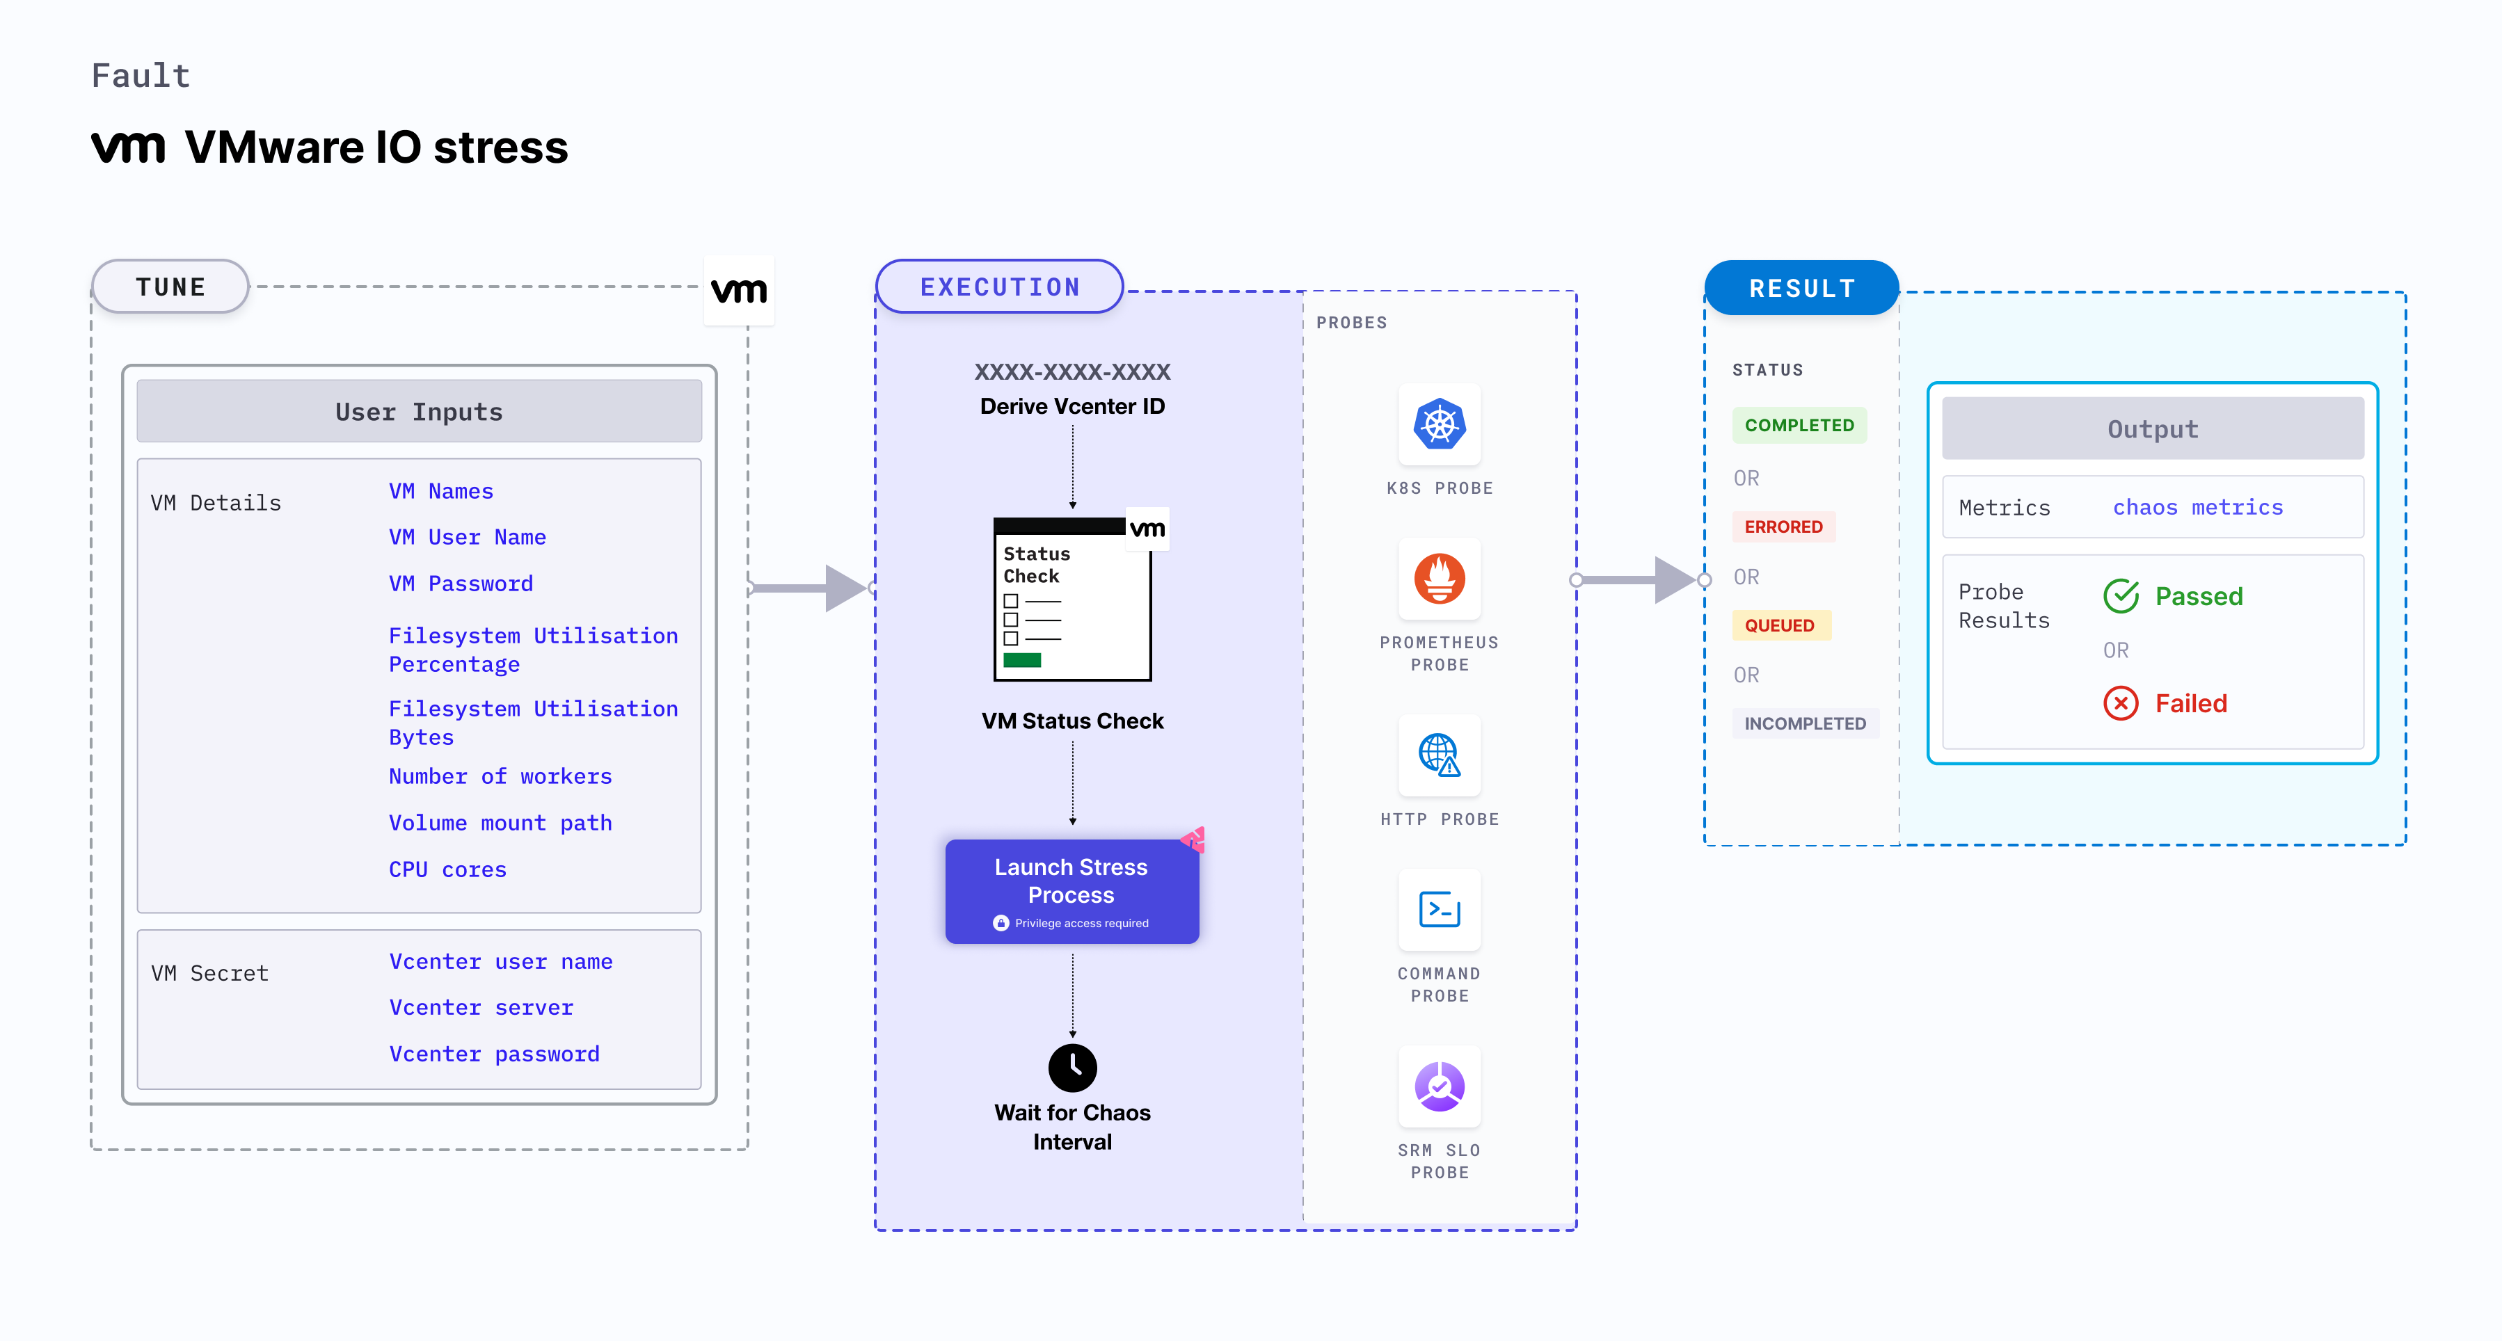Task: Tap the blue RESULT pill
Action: tap(1802, 289)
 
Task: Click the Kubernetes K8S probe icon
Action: tap(1440, 424)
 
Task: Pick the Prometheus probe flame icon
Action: tap(1440, 579)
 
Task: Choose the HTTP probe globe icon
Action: tap(1440, 755)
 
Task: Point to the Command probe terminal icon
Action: tap(1440, 910)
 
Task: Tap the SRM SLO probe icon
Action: tap(1440, 1086)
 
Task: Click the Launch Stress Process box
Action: tap(1071, 890)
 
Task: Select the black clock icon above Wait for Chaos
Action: tap(1072, 1067)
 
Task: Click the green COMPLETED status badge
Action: tap(1799, 425)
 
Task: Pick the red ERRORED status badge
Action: tap(1783, 527)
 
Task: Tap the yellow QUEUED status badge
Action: tap(1779, 625)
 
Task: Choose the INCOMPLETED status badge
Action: tap(1805, 723)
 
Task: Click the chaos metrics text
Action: tap(2197, 508)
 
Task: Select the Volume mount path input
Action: tap(500, 824)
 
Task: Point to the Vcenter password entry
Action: tap(495, 1054)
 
